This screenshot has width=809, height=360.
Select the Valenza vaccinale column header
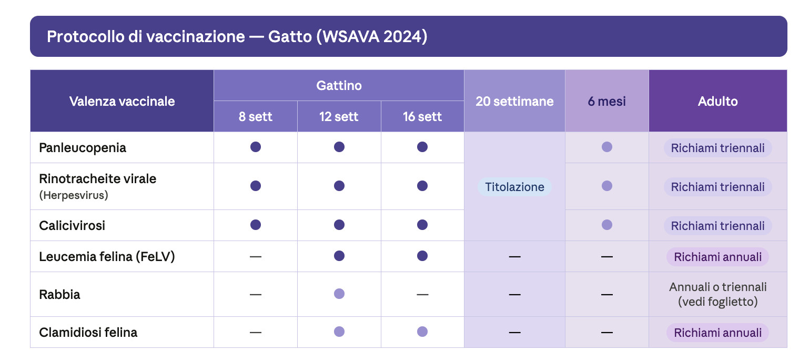click(122, 101)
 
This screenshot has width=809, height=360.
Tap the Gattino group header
click(339, 85)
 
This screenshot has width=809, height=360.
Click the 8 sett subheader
click(256, 116)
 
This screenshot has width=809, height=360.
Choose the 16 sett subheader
click(422, 116)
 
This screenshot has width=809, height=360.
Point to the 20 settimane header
click(514, 101)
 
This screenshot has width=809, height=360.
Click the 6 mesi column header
click(606, 101)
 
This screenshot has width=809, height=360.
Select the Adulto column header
click(717, 101)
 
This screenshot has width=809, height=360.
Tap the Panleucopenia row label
click(83, 147)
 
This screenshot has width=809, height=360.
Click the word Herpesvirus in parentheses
click(74, 195)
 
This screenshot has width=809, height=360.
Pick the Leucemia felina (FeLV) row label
click(107, 257)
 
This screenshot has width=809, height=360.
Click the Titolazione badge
click(514, 187)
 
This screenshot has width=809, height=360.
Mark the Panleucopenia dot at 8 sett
click(256, 147)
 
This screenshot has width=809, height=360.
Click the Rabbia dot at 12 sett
click(339, 294)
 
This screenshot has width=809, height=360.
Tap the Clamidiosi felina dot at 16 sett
click(422, 332)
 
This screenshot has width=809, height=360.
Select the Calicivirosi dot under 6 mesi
click(606, 225)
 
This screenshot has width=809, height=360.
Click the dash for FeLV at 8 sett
click(256, 256)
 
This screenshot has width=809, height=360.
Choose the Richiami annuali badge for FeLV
click(717, 257)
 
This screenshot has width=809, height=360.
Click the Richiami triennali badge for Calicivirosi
click(717, 226)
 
